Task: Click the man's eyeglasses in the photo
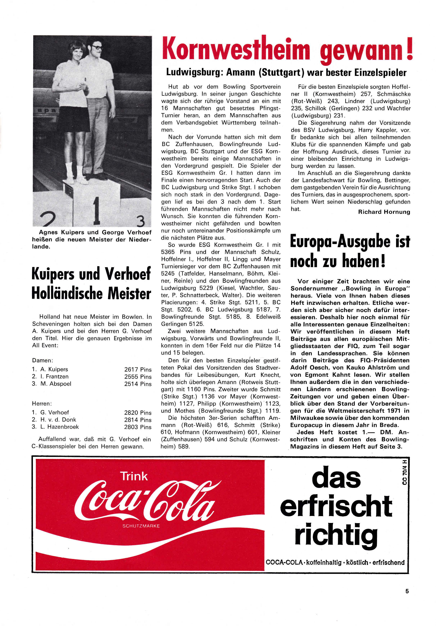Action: pos(97,47)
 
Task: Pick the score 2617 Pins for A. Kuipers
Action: pos(138,369)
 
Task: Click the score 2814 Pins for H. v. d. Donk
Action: pos(138,420)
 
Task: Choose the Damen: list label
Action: pos(42,360)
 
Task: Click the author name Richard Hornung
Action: pos(384,212)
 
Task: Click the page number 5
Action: pos(407,599)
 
